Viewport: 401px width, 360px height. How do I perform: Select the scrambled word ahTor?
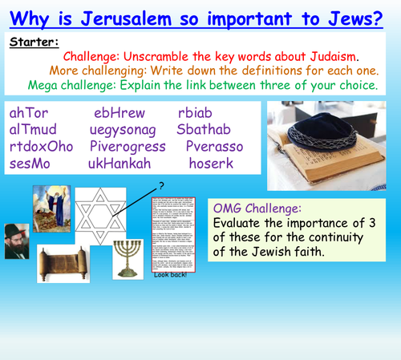pyautogui.click(x=29, y=113)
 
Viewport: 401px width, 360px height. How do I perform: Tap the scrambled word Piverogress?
pyautogui.click(x=128, y=147)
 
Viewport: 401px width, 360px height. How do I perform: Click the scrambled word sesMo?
pyautogui.click(x=30, y=164)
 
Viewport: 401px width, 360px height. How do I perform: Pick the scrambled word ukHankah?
pyautogui.click(x=119, y=164)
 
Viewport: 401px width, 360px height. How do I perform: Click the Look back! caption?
pyautogui.click(x=171, y=320)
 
